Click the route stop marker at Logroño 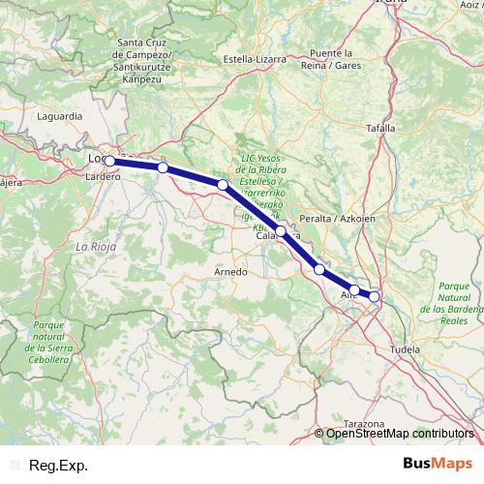110,161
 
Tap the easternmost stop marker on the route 375,295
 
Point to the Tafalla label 382,127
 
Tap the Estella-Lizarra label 255,58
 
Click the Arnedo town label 230,272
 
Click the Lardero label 103,177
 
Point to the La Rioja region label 96,247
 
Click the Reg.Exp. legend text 59,466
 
